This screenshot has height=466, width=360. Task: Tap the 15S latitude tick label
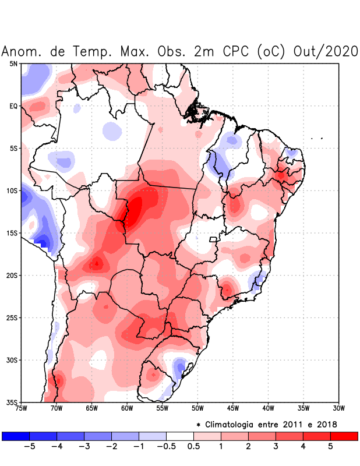pyautogui.click(x=12, y=233)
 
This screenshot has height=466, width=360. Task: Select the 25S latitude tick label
pyautogui.click(x=12, y=317)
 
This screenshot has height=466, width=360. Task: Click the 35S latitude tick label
pyautogui.click(x=12, y=402)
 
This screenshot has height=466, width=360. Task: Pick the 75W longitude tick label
pyautogui.click(x=21, y=408)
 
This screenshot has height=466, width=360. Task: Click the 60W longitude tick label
pyautogui.click(x=126, y=408)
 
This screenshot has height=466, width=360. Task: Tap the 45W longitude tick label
pyautogui.click(x=232, y=408)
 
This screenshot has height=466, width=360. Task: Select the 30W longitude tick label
pyautogui.click(x=338, y=408)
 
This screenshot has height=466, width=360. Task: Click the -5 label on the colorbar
pyautogui.click(x=29, y=447)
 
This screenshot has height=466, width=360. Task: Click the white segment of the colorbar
pyautogui.click(x=180, y=436)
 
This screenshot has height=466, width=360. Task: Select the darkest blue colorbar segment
pyautogui.click(x=16, y=436)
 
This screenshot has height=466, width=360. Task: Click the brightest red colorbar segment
pyautogui.click(x=344, y=436)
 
